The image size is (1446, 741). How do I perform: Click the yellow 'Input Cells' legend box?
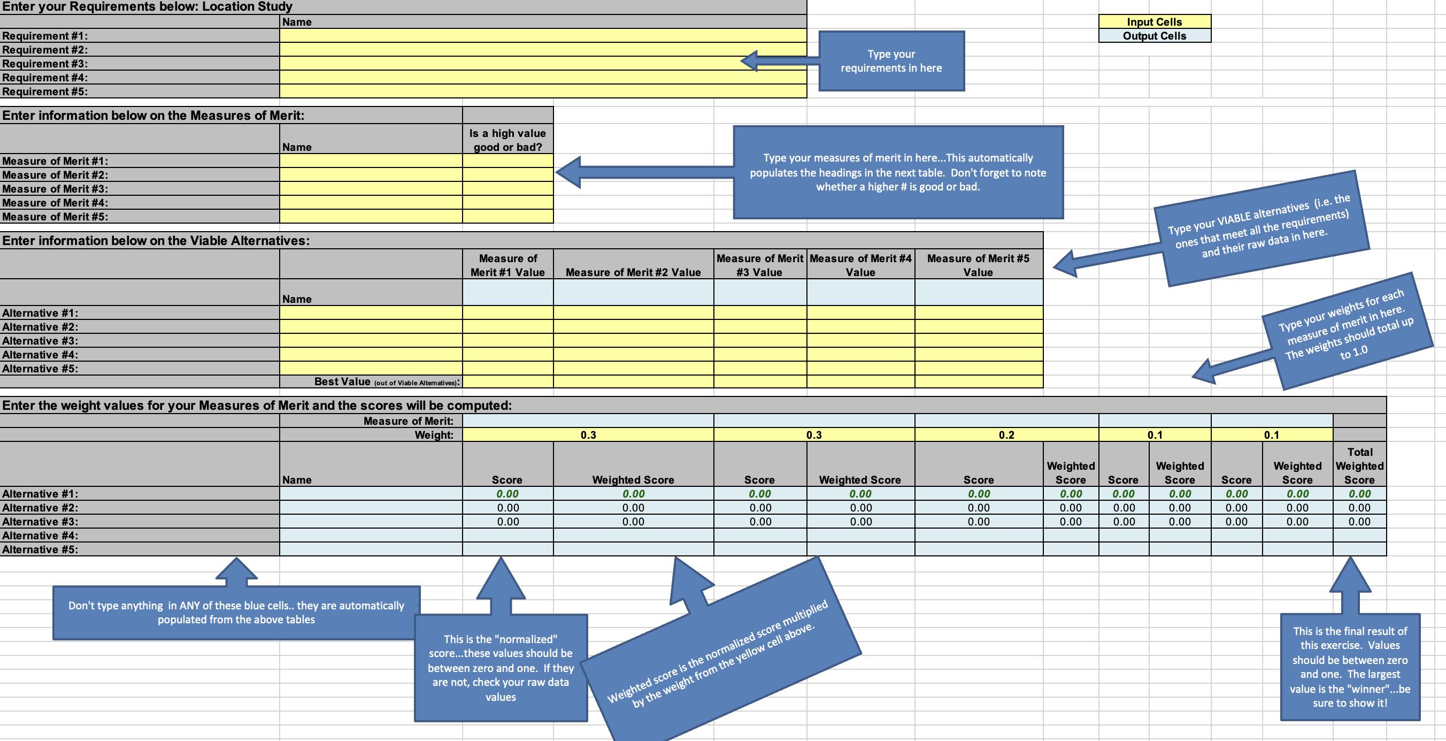[x=1154, y=22]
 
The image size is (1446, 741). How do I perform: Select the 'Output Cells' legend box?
[x=1154, y=36]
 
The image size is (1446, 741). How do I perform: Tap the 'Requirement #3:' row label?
[x=45, y=64]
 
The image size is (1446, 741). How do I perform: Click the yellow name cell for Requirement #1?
[x=542, y=36]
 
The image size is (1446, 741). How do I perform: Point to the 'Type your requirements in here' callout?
[x=891, y=61]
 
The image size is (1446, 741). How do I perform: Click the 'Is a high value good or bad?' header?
[x=507, y=140]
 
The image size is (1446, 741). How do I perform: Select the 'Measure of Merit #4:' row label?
[x=55, y=203]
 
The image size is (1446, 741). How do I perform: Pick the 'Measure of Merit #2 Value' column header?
[x=633, y=272]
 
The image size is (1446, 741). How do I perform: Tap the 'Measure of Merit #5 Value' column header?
[x=979, y=265]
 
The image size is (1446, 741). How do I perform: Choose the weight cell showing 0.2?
[x=1006, y=435]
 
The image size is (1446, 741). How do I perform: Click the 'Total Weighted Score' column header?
[x=1359, y=465]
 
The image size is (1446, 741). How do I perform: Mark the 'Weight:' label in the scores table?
[x=434, y=435]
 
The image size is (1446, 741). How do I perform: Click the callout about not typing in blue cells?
[x=236, y=613]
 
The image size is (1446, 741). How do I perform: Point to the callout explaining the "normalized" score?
[x=501, y=668]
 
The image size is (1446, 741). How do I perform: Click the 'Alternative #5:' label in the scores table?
[x=41, y=549]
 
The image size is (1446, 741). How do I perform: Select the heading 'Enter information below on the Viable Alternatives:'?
[x=156, y=241]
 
